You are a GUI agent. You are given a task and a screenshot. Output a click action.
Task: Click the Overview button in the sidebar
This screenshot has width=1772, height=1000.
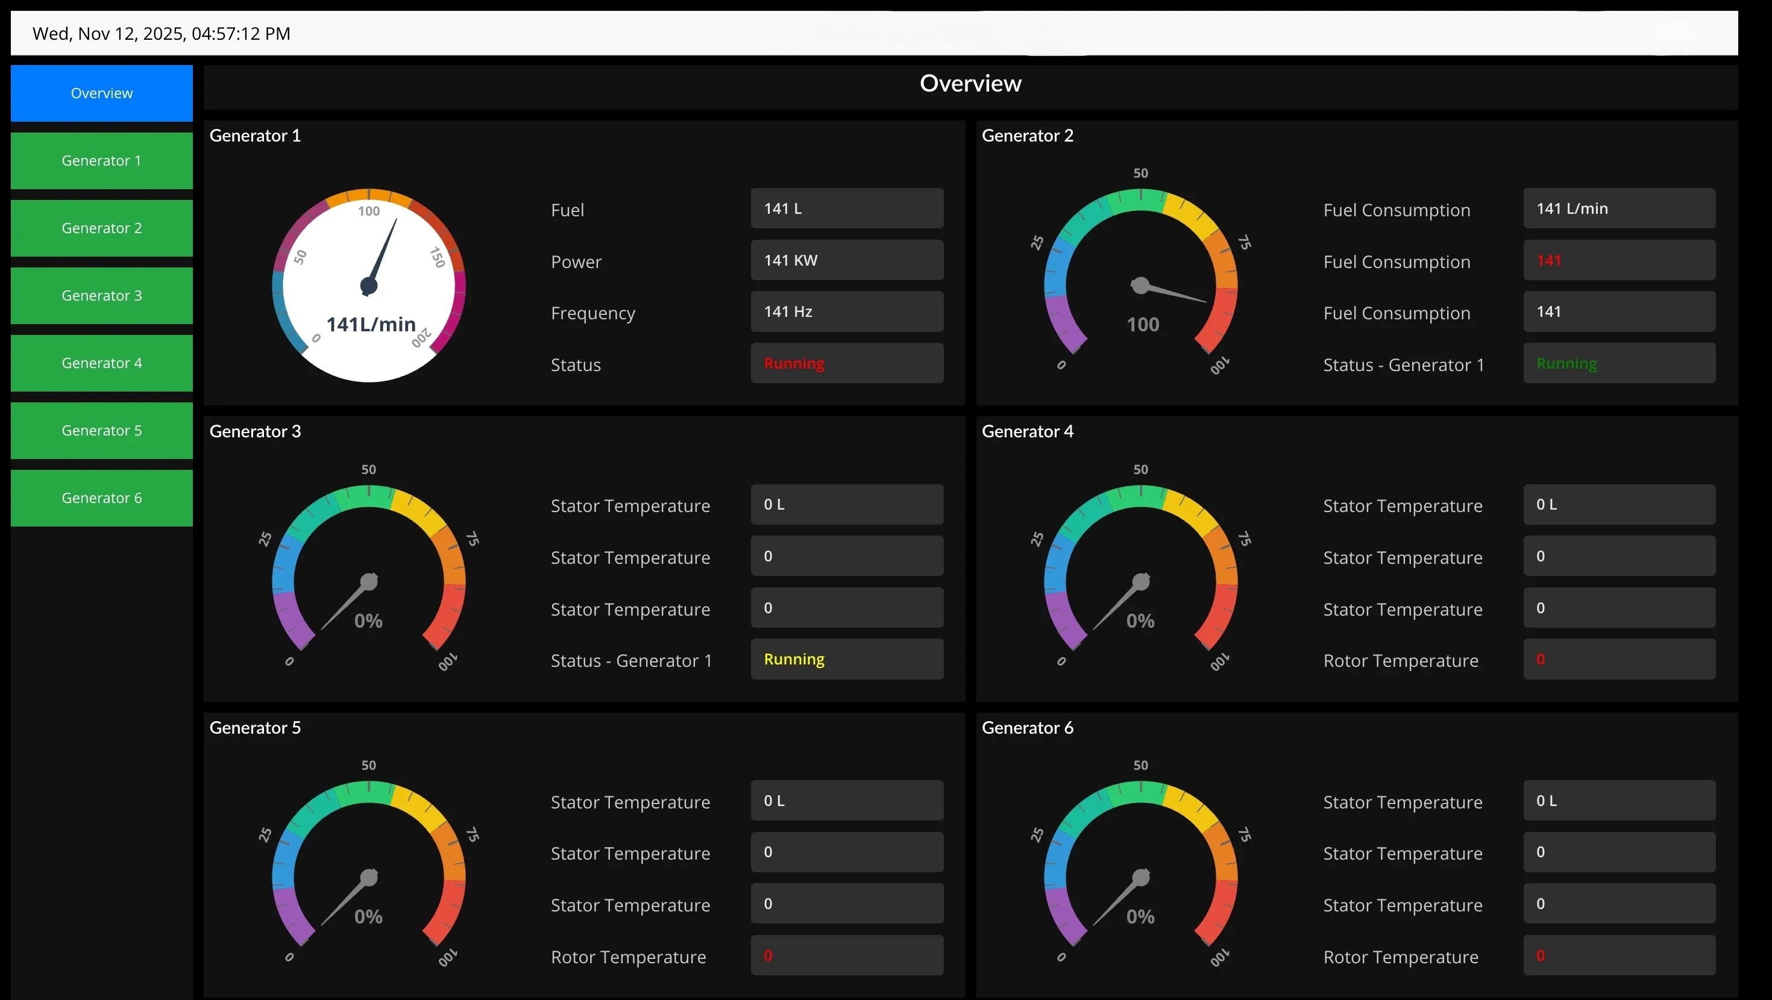click(102, 93)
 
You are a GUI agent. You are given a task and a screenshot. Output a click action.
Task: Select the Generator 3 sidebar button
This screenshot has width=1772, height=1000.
click(102, 296)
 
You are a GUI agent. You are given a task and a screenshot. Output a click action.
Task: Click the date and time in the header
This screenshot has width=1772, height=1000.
click(162, 34)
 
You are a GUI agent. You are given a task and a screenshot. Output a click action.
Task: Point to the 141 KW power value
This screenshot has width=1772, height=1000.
click(790, 261)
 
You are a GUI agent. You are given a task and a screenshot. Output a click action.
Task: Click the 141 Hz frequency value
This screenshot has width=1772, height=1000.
click(788, 311)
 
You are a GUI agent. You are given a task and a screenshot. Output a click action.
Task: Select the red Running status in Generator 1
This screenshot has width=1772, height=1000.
click(794, 363)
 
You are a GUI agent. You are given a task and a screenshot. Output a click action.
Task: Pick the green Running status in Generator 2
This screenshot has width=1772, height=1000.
click(1566, 363)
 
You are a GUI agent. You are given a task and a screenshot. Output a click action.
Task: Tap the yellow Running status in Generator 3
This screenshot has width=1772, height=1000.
click(794, 660)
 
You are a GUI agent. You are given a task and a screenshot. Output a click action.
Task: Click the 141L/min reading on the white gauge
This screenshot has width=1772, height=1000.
click(371, 324)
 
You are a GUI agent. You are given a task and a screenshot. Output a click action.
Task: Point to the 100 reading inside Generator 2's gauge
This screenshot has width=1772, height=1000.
click(1143, 325)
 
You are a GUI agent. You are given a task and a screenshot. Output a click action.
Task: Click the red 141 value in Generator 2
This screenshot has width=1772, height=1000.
click(1548, 261)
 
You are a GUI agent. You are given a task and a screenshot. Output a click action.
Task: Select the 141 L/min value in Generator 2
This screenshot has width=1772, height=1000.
click(1572, 208)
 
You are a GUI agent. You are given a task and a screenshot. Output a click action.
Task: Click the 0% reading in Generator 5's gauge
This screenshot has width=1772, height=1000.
click(368, 917)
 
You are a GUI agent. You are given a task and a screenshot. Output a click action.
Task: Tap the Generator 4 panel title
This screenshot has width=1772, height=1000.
click(1027, 431)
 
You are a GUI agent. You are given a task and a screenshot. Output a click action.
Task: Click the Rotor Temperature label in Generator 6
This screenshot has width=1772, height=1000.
click(1401, 957)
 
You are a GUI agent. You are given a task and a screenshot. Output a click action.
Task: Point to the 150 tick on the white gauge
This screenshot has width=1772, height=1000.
click(438, 257)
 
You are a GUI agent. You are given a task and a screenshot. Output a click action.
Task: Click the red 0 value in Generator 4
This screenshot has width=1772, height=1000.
click(1540, 660)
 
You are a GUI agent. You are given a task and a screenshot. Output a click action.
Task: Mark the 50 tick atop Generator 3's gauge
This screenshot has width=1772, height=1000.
click(369, 470)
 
